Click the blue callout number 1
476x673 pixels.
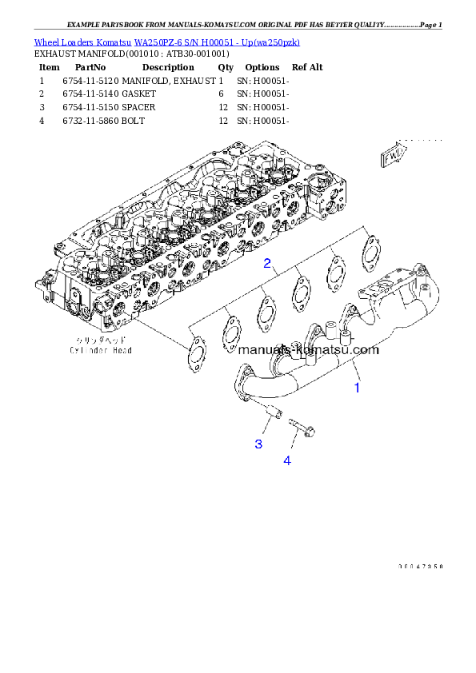[358, 388]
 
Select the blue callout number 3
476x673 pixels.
[258, 444]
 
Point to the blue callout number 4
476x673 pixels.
[286, 461]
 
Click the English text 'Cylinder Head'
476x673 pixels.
[100, 350]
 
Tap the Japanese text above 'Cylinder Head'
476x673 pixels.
[100, 340]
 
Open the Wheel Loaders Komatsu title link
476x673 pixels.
[166, 42]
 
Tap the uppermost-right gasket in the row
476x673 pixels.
[369, 248]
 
